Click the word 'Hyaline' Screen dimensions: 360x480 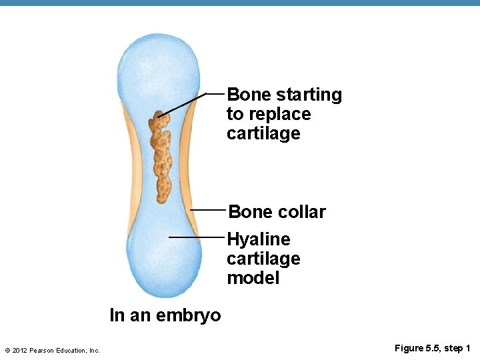tap(259, 239)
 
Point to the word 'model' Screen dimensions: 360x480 tap(253, 278)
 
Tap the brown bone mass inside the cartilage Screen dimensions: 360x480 tap(161, 157)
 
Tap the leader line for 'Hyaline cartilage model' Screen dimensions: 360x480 tap(197, 237)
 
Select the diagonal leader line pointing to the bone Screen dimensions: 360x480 tap(183, 105)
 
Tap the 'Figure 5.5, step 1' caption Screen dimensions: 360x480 tap(432, 349)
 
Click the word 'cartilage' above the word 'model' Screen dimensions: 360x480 tap(263, 259)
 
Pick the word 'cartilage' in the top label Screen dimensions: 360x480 tap(263, 133)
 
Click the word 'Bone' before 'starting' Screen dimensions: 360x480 tap(247, 95)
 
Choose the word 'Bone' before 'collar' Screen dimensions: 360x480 tap(248, 212)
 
